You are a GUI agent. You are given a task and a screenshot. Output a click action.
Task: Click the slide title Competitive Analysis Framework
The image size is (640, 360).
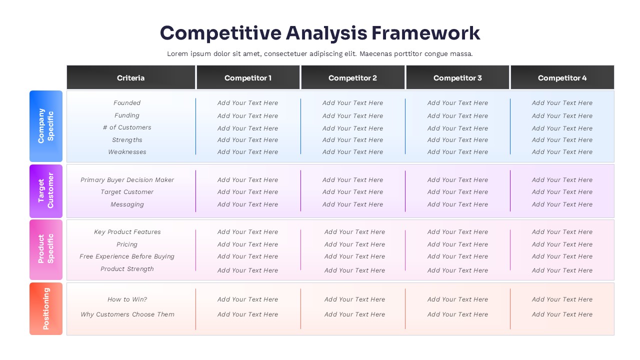click(320, 33)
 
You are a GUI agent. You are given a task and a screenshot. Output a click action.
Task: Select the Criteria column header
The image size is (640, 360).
click(131, 77)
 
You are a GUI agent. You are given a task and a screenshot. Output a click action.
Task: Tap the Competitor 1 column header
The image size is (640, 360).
click(248, 77)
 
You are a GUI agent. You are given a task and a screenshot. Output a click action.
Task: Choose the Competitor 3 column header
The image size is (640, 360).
click(457, 77)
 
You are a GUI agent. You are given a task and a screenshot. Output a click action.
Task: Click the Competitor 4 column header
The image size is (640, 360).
click(562, 77)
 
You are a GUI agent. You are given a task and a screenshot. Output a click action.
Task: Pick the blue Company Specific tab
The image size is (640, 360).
click(46, 126)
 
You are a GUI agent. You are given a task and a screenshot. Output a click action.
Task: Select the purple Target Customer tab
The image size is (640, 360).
click(46, 190)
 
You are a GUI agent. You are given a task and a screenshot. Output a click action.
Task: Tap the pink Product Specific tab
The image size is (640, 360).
click(46, 249)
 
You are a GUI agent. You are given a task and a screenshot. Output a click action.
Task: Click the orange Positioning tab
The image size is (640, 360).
click(46, 308)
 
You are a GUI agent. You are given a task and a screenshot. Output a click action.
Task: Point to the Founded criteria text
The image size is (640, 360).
click(127, 103)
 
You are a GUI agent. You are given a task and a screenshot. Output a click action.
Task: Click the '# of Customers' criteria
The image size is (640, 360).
click(127, 127)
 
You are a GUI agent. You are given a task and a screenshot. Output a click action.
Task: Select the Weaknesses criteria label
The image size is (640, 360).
click(127, 152)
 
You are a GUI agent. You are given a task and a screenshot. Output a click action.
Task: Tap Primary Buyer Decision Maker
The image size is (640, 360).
click(127, 180)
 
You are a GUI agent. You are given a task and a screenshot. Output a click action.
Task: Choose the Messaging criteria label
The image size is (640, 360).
click(127, 204)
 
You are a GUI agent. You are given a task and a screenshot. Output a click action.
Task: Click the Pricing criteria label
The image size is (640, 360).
click(127, 244)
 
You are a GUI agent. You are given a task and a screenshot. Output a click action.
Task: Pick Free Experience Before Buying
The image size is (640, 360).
click(127, 256)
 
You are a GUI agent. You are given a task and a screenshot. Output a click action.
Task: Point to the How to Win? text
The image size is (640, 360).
click(127, 299)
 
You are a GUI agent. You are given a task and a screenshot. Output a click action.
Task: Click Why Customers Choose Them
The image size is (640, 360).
click(127, 314)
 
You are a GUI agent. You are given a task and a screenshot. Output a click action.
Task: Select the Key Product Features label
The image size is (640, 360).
click(127, 232)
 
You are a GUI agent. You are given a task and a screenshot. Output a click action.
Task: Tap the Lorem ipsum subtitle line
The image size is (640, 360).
click(320, 54)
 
